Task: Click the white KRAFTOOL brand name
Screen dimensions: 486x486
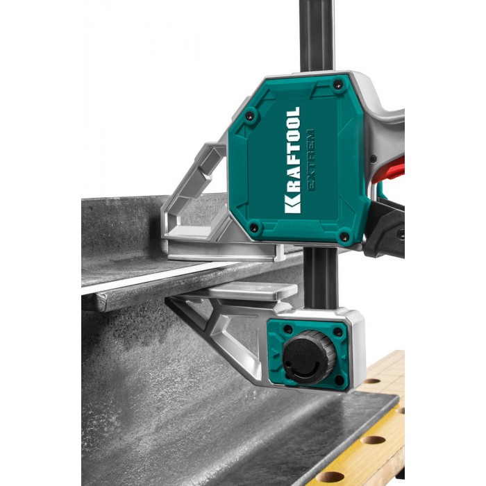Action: pos(292,160)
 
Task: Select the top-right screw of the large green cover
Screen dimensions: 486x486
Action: pos(337,84)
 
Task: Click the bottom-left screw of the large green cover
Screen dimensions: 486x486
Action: pos(254,228)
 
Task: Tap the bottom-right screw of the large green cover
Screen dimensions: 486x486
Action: pos(344,237)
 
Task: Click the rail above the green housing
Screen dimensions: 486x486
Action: pos(317,35)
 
